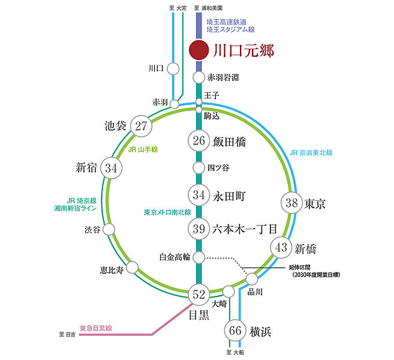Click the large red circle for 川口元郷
point(198,50)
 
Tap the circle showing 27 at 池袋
point(141,126)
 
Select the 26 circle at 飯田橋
point(198,140)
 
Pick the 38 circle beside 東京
point(291,203)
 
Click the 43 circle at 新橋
point(281,248)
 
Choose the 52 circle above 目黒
point(198,295)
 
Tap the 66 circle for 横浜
point(235,331)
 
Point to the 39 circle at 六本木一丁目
point(198,229)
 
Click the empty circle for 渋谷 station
point(109,229)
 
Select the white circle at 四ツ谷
point(198,167)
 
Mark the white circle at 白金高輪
point(198,257)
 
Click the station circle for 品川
point(251,279)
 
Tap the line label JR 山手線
point(143,149)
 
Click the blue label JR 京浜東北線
point(311,152)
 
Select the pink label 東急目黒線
point(96,328)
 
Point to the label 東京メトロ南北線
point(167,212)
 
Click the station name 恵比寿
point(112,270)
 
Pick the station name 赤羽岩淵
point(223,77)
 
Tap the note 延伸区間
point(299,268)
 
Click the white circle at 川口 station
point(173,68)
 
